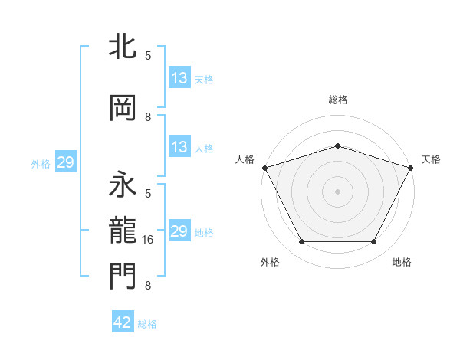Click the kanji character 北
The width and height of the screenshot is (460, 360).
click(x=123, y=47)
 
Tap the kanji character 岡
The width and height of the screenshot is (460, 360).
click(x=123, y=108)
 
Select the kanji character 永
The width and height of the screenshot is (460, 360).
click(x=123, y=185)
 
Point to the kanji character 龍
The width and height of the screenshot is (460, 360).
click(x=123, y=231)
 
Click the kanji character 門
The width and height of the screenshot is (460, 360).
click(x=123, y=277)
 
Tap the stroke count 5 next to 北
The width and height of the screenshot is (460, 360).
click(x=148, y=56)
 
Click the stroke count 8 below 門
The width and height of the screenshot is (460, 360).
click(x=148, y=286)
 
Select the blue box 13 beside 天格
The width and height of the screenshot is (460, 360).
click(x=179, y=78)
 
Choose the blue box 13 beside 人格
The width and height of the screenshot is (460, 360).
click(x=179, y=147)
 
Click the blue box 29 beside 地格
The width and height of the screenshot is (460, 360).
click(x=179, y=231)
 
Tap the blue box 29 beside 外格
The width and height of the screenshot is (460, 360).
click(x=65, y=162)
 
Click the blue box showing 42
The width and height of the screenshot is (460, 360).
click(x=123, y=322)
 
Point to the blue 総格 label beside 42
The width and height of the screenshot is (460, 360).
click(x=147, y=324)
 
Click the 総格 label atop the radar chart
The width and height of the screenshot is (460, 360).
click(x=338, y=100)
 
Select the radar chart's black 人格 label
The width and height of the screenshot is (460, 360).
click(x=245, y=159)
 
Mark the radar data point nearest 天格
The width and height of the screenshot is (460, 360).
click(x=412, y=167)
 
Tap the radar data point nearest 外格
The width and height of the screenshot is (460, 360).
click(x=301, y=242)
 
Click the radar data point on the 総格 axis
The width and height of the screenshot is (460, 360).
click(x=338, y=146)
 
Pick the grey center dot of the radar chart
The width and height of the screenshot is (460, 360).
click(x=338, y=191)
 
